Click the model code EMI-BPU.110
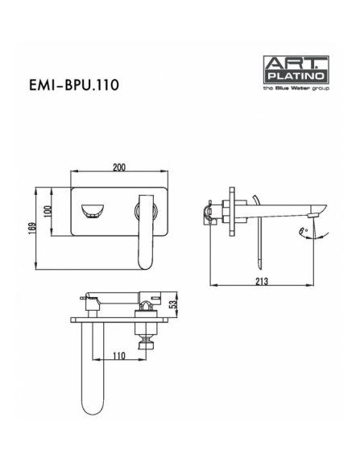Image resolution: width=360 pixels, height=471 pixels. point(74,85)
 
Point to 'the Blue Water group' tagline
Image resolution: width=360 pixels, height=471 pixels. point(296,89)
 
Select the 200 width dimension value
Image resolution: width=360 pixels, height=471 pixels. point(119,167)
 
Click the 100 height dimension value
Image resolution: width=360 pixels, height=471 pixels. point(48,212)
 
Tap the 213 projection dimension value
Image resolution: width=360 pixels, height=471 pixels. point(262,282)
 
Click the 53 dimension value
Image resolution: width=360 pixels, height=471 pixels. point(173,304)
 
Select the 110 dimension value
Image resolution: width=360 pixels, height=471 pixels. point(119,356)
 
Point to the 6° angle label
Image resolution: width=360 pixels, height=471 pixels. point(303,231)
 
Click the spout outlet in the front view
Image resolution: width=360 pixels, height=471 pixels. point(93,211)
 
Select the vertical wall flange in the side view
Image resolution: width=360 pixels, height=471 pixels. point(232,212)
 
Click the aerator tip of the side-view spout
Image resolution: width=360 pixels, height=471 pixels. point(315,216)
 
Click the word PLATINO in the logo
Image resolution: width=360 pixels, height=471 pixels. point(296,76)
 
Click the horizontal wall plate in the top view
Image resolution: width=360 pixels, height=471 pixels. point(119,320)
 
